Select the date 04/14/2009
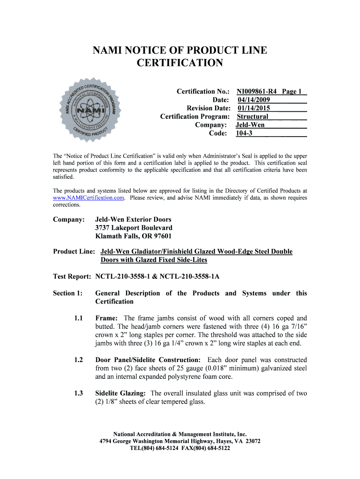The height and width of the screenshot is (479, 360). (253, 100)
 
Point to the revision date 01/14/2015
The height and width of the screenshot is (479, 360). (253, 108)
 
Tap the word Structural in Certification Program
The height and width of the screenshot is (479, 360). (252, 116)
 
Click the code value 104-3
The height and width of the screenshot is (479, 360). (243, 133)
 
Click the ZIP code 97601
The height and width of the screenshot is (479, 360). (161, 236)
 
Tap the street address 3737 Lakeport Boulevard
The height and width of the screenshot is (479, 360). (134, 228)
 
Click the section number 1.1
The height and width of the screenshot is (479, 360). (78, 318)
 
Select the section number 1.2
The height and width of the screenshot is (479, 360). (78, 360)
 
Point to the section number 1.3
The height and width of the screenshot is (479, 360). (78, 393)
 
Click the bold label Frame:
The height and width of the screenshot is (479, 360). (107, 318)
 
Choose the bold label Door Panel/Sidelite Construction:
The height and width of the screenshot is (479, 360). (148, 360)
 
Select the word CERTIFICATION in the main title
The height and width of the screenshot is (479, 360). (180, 63)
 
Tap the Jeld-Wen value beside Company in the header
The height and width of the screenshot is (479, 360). (250, 125)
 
